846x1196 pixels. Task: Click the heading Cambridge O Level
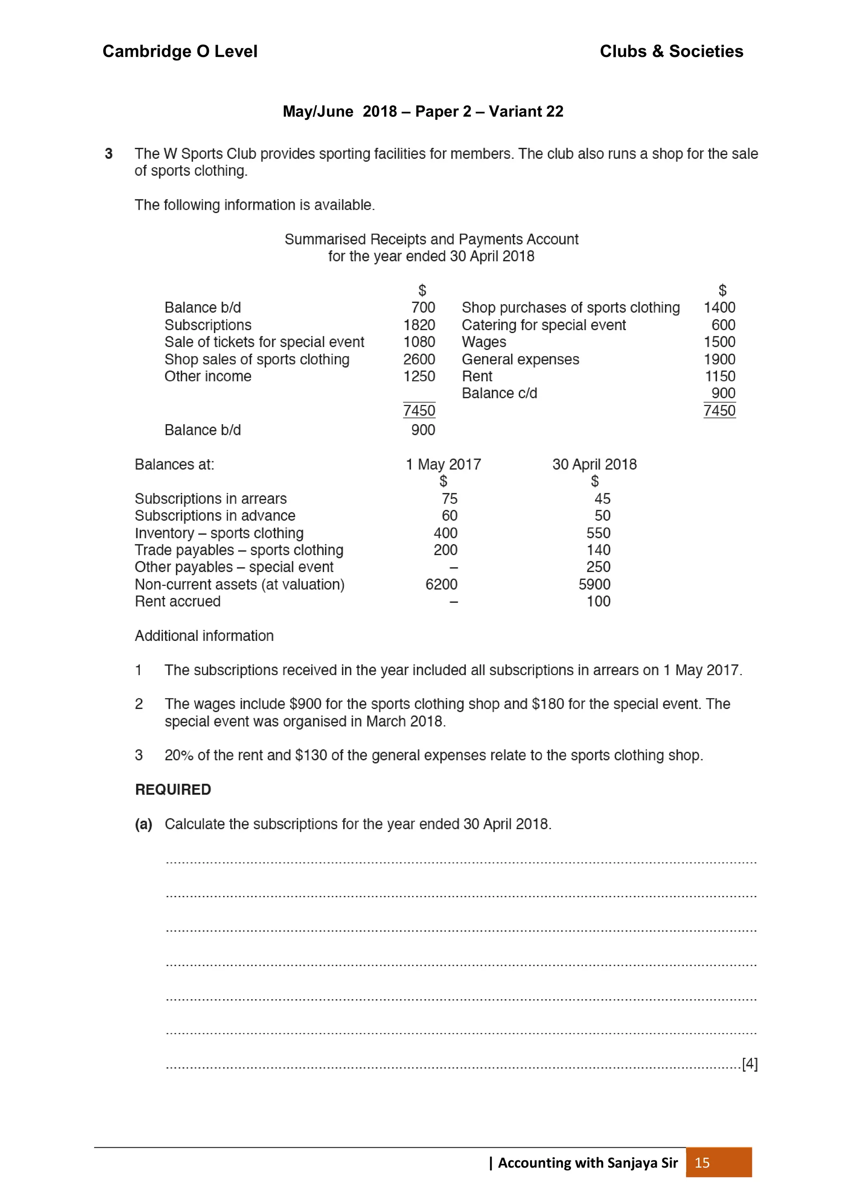pos(180,51)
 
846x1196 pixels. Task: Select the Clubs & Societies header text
pos(671,51)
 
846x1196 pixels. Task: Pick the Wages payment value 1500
pos(719,342)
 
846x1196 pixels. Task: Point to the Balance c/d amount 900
pos(723,393)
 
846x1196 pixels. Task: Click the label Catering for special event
pos(543,325)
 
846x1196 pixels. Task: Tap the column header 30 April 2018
pos(594,464)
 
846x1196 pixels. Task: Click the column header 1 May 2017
pos(443,464)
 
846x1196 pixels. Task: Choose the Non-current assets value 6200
pos(441,584)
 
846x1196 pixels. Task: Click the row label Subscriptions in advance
pos(215,516)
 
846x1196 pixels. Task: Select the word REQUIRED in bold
pos(173,789)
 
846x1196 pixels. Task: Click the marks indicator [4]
pos(750,1063)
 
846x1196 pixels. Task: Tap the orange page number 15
pos(702,1163)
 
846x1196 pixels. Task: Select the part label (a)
pos(143,824)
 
